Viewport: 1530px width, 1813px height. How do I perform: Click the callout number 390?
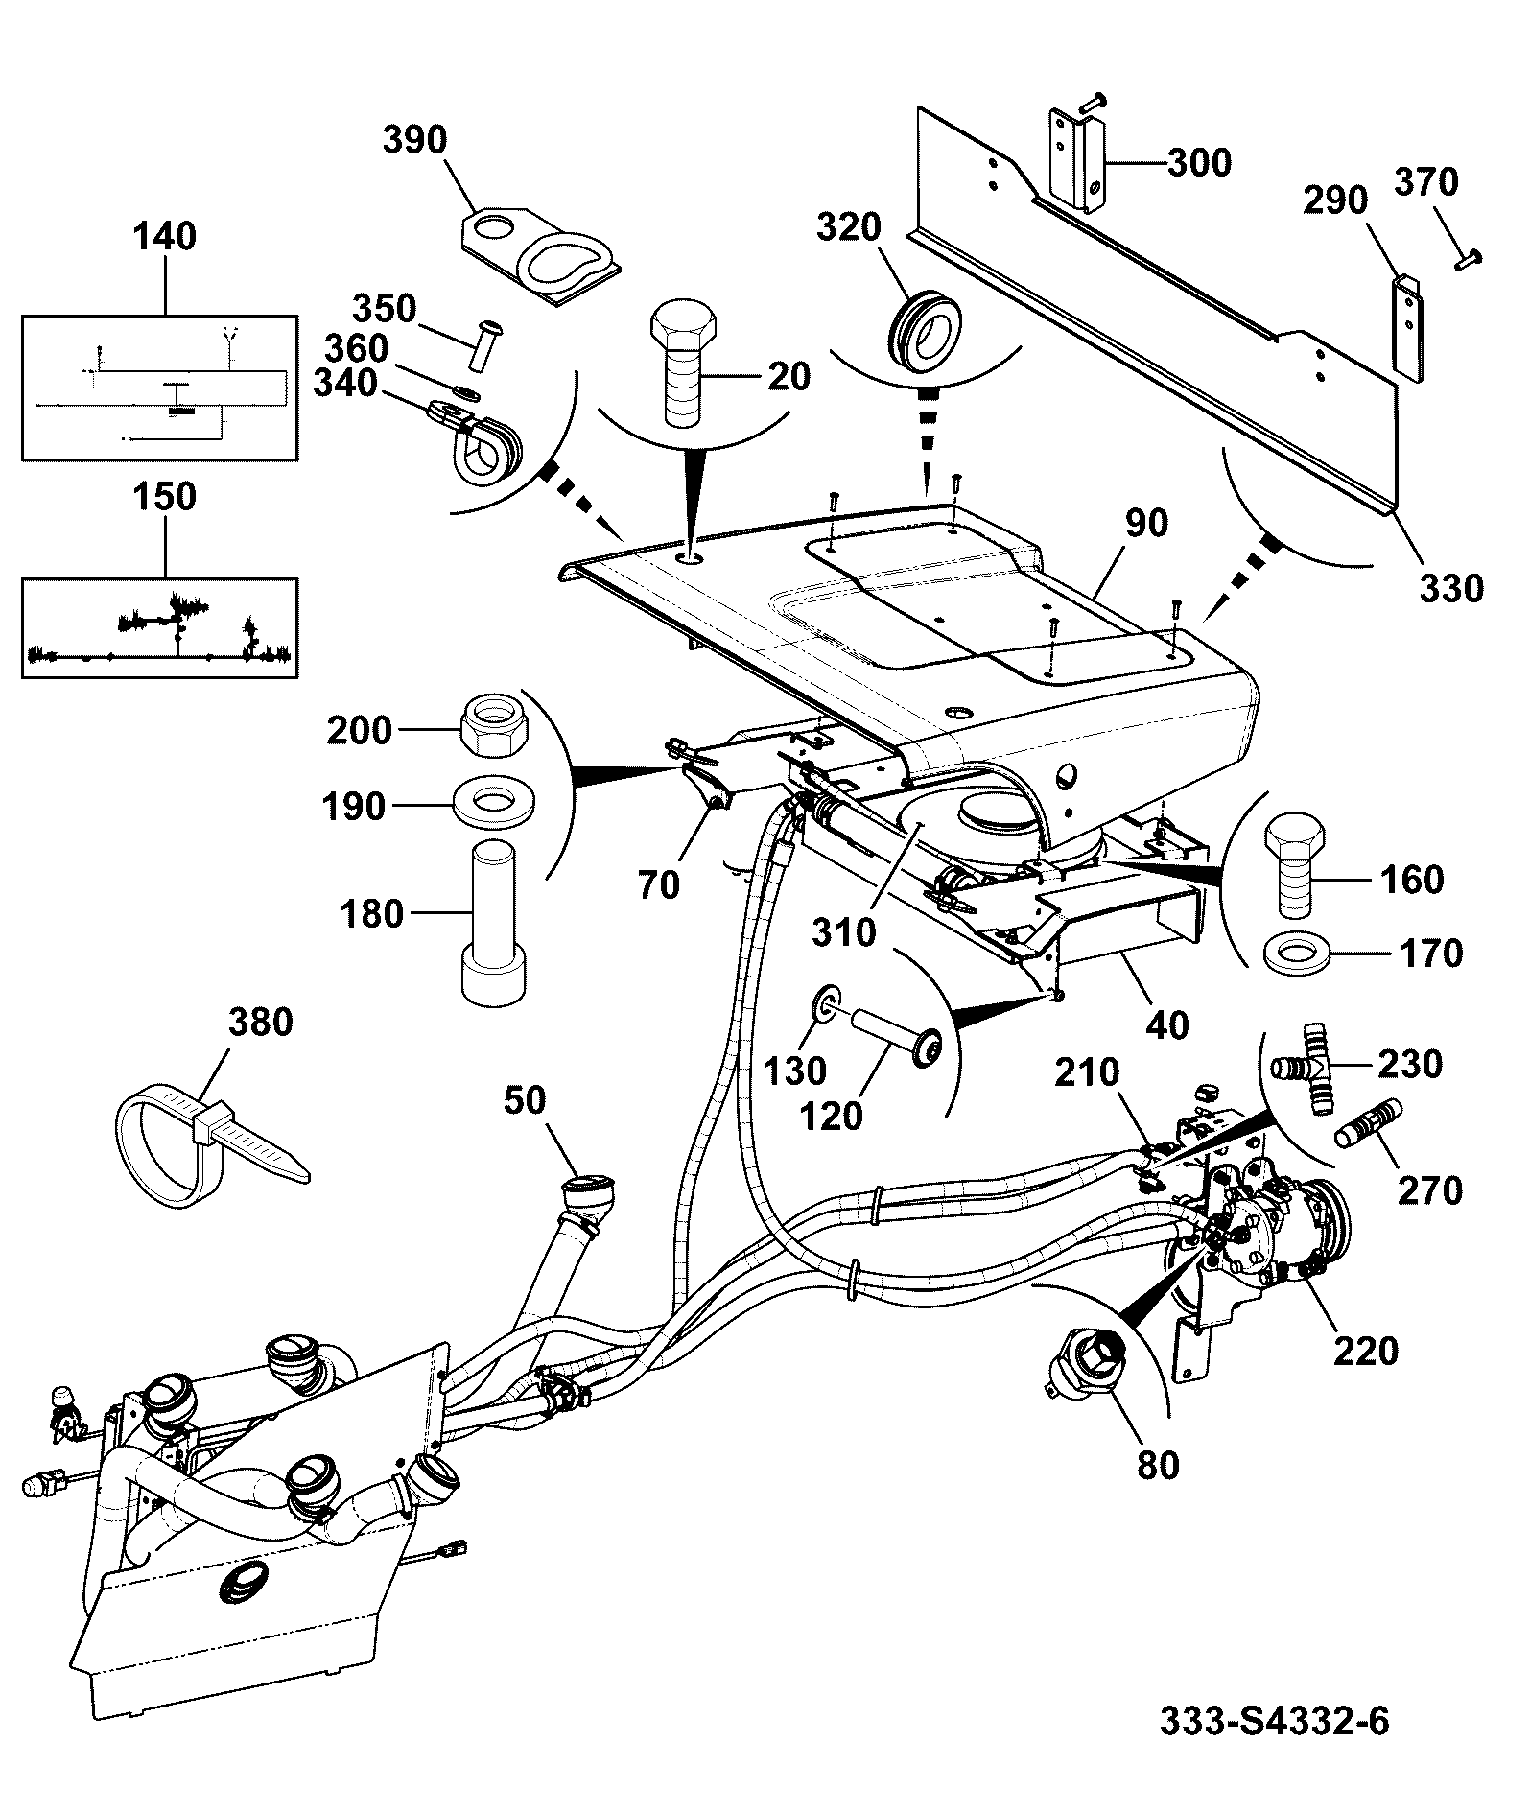tap(414, 140)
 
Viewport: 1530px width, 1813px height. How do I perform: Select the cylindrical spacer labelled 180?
tap(492, 922)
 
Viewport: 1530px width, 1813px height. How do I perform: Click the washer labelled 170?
tap(1301, 954)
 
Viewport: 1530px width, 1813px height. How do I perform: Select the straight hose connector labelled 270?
tap(1369, 1124)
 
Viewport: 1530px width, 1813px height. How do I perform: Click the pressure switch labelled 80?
tap(1087, 1362)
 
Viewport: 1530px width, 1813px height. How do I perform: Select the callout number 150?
tap(165, 497)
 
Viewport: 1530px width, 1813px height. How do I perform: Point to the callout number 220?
tap(1365, 1352)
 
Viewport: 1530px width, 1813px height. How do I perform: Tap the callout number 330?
tap(1450, 588)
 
